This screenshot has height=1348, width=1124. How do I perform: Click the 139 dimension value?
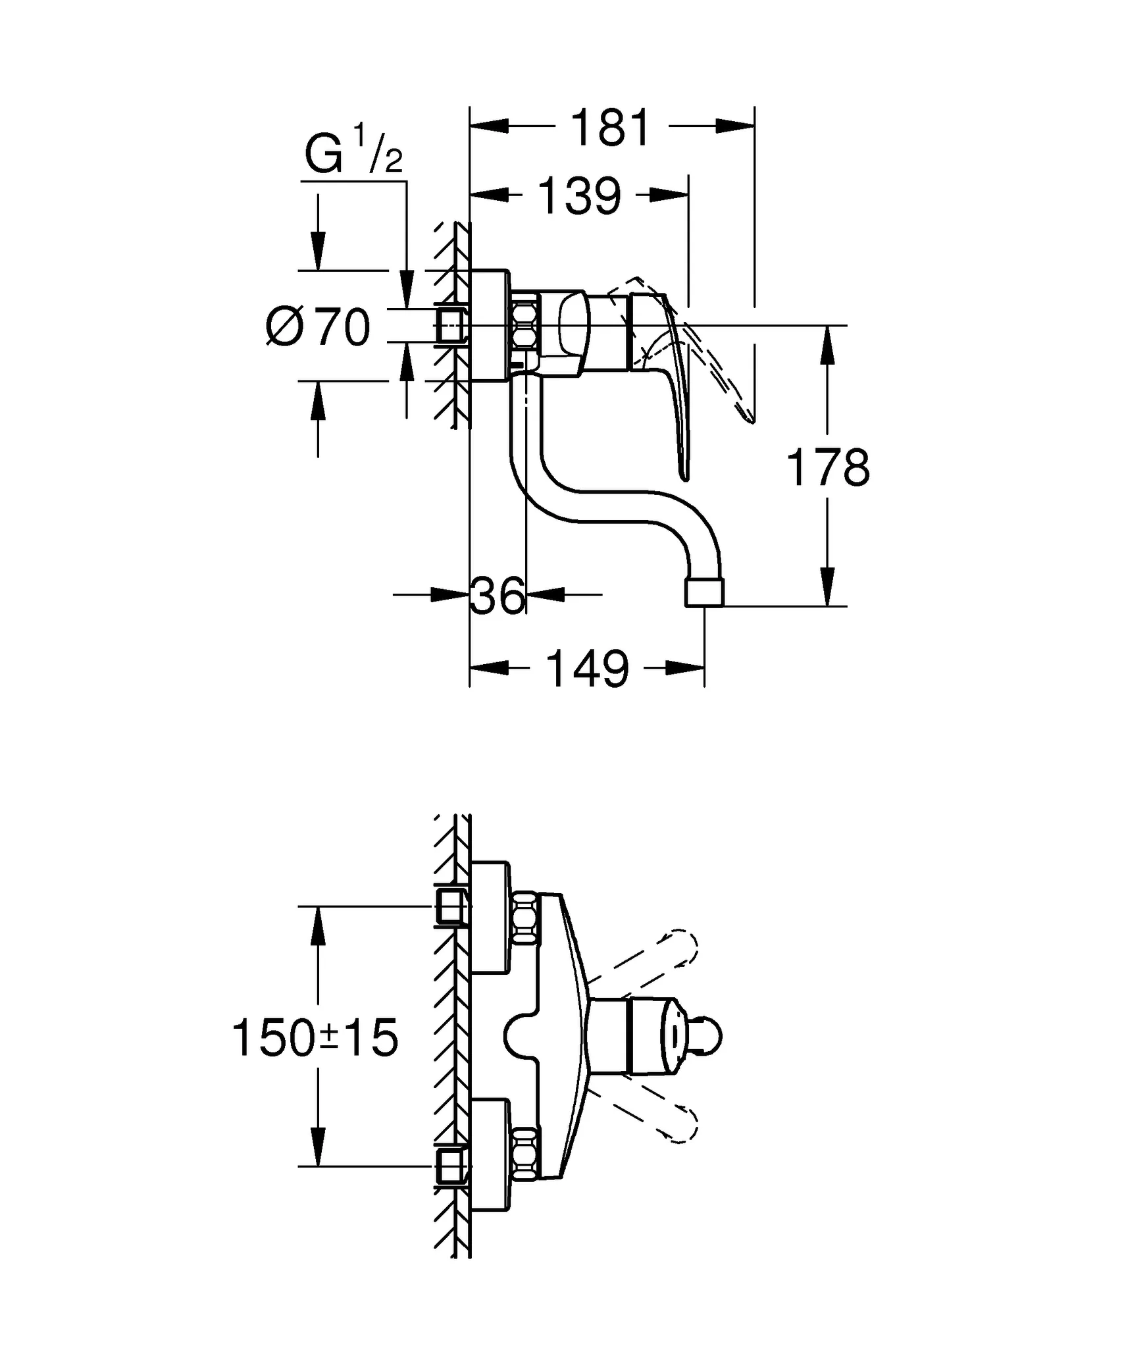pos(580,195)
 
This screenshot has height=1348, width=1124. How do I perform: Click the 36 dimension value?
pos(498,596)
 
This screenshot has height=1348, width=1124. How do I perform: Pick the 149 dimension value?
pos(587,669)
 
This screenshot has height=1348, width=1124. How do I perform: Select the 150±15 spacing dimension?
pos(316,1038)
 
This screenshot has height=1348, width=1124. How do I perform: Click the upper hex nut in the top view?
pos(525,918)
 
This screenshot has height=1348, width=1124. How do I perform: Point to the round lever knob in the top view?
pos(707,1037)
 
